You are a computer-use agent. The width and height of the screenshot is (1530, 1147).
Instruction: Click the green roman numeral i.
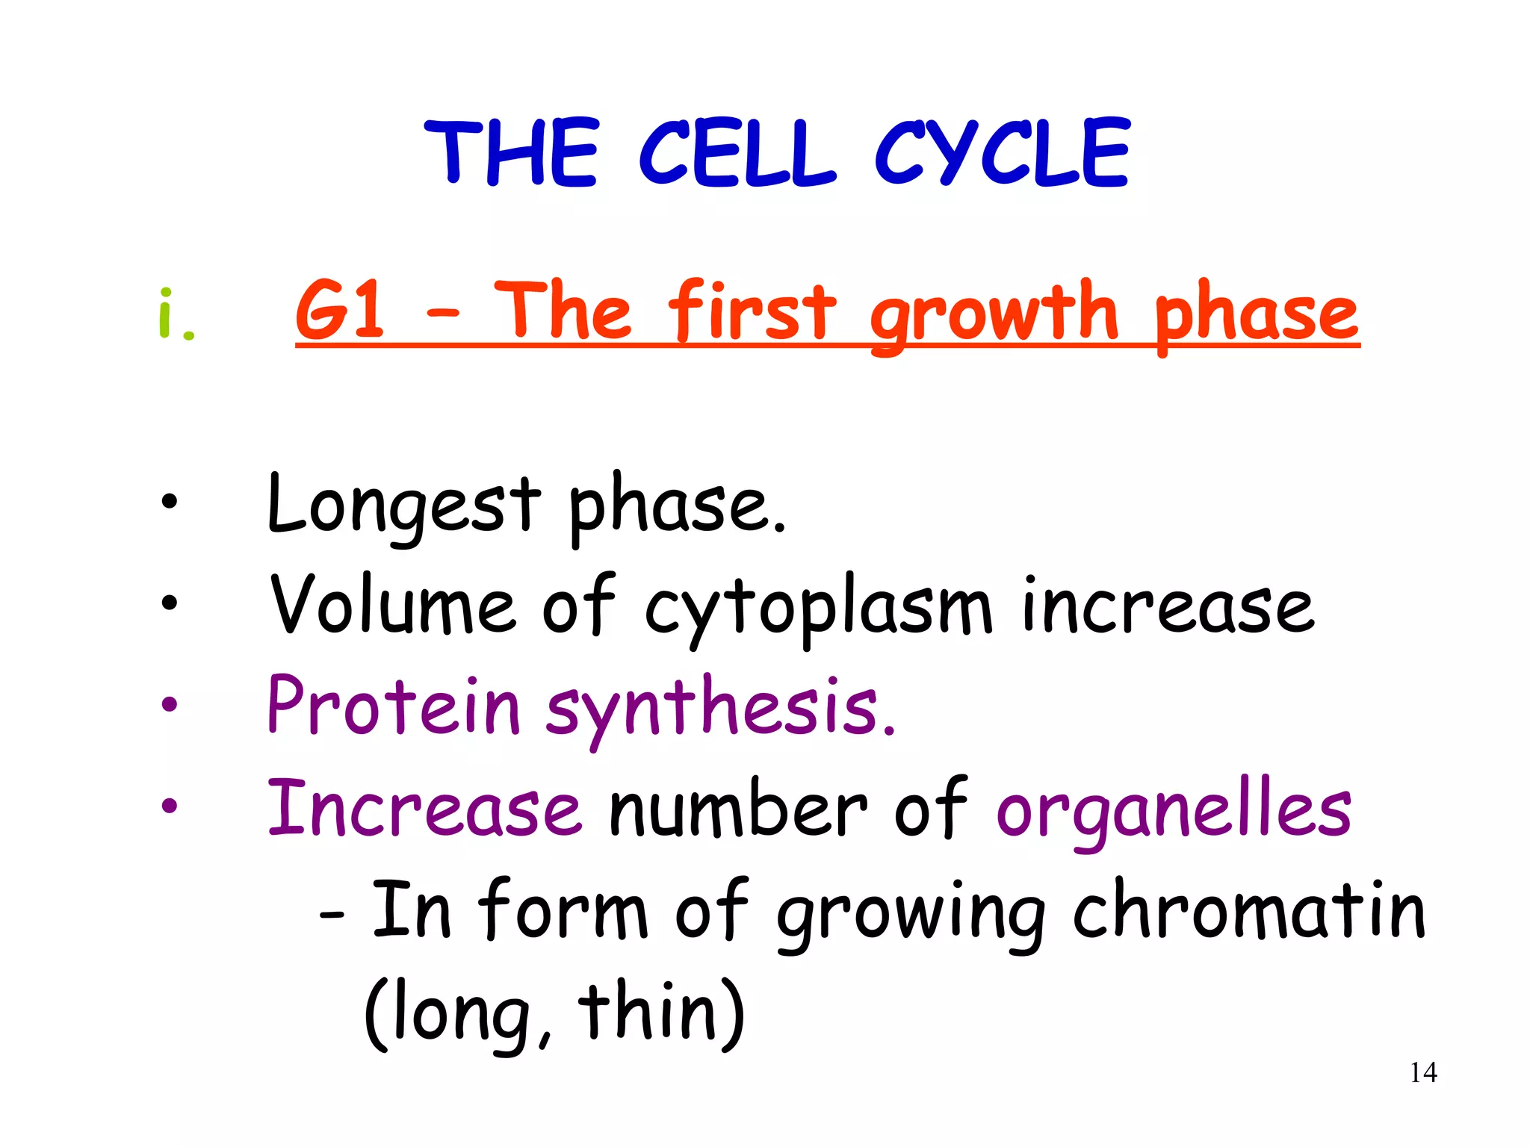pos(176,314)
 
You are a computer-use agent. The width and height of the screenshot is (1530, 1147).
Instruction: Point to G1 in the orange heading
pos(340,310)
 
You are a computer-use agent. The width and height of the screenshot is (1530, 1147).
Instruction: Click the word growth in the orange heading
pos(994,314)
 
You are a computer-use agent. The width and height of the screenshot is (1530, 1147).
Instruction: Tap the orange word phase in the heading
pos(1255,314)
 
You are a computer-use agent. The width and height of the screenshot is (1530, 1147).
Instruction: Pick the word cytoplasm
pos(818,609)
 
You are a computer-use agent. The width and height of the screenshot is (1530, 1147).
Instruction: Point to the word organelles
pos(1173,810)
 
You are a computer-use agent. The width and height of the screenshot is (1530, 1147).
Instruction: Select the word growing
pos(911,915)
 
